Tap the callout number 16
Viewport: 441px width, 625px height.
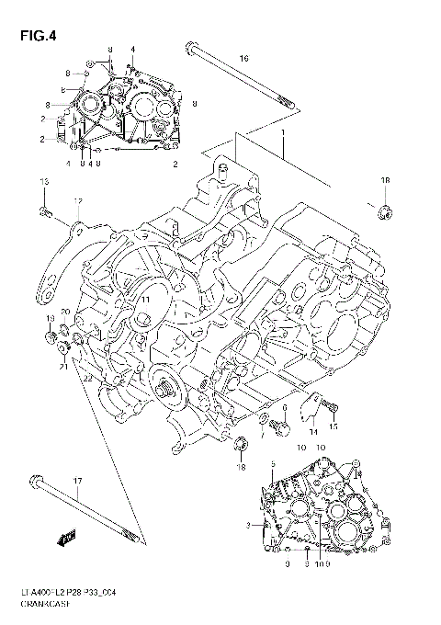(x=243, y=58)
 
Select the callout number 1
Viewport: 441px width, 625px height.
(x=284, y=132)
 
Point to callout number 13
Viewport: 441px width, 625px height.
(x=42, y=186)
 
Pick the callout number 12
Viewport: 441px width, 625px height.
(x=78, y=201)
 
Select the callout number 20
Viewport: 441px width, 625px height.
(x=65, y=312)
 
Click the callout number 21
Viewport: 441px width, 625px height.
(x=63, y=367)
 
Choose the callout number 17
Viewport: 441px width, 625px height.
(x=78, y=481)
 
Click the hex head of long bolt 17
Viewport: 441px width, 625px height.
(x=36, y=480)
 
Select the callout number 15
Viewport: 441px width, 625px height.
(x=334, y=426)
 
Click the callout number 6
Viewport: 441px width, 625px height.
(x=286, y=407)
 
